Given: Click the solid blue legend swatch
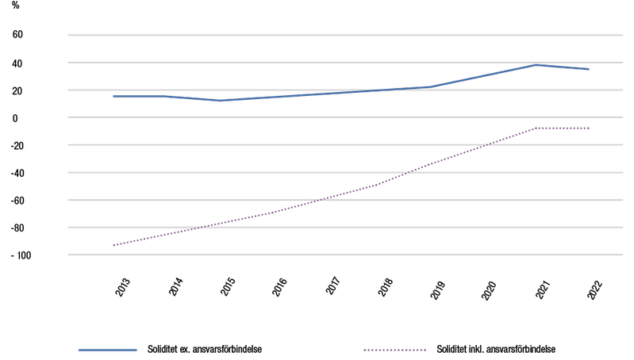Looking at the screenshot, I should [107, 350].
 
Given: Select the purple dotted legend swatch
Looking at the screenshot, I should [394, 350].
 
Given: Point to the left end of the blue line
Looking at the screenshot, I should [113, 96].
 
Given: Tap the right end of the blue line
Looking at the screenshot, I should [589, 69].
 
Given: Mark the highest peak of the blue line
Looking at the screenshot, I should [536, 65].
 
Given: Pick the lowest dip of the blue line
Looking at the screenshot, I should [221, 101].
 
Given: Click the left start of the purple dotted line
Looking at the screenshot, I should [113, 245].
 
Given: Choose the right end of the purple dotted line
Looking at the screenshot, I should [589, 128].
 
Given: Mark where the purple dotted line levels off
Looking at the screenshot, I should [536, 128].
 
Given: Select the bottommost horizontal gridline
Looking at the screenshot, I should [345, 255].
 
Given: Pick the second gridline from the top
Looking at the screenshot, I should [345, 63].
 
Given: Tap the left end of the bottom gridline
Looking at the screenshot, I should [69, 255].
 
